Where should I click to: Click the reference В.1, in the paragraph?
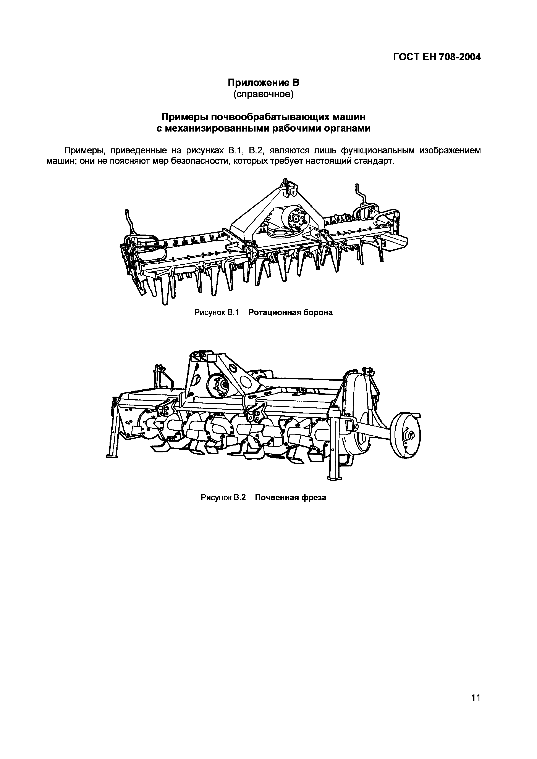(236, 151)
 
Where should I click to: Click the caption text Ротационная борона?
(291, 312)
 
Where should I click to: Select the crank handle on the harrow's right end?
(360, 193)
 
